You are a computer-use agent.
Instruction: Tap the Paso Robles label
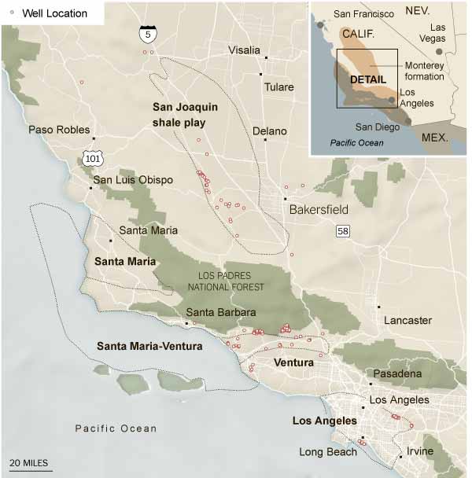(x=59, y=131)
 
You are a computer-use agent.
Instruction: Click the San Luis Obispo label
(x=133, y=180)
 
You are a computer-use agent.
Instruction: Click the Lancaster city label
(x=407, y=320)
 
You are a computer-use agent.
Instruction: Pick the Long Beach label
(x=327, y=452)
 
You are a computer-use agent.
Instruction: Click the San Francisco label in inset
(x=363, y=14)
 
